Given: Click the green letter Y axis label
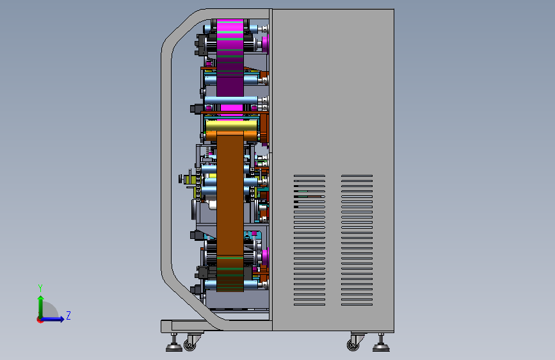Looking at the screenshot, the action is click(x=40, y=288).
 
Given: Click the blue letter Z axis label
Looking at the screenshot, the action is click(x=68, y=315).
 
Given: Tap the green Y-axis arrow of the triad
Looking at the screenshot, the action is click(x=41, y=306).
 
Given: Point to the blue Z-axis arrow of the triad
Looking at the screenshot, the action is click(x=52, y=319).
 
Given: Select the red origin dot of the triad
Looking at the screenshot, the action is click(x=40, y=320).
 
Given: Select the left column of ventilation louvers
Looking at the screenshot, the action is click(x=309, y=240).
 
